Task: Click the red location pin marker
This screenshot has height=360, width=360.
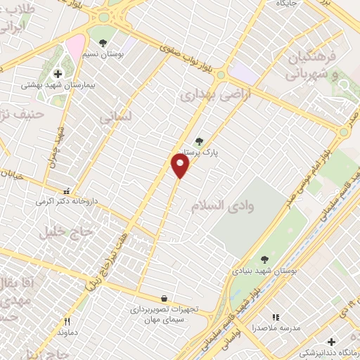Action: [181, 165]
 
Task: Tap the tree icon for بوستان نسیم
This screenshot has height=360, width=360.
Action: [103, 44]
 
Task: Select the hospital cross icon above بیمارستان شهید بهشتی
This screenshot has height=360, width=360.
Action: [58, 72]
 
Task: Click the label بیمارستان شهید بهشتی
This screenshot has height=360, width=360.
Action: [49, 84]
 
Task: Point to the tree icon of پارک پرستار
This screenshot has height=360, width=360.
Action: [198, 141]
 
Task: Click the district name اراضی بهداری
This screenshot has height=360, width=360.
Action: [206, 94]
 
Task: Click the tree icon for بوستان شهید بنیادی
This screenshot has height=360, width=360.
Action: [264, 259]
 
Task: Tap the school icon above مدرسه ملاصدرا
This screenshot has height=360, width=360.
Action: [276, 318]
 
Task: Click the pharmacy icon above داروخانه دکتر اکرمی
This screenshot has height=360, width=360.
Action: [67, 190]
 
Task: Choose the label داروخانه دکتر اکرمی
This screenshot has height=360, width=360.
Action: [64, 201]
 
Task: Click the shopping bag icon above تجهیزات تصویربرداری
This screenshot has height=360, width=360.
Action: [164, 298]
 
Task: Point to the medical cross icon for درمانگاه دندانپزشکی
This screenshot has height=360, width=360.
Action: [331, 342]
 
